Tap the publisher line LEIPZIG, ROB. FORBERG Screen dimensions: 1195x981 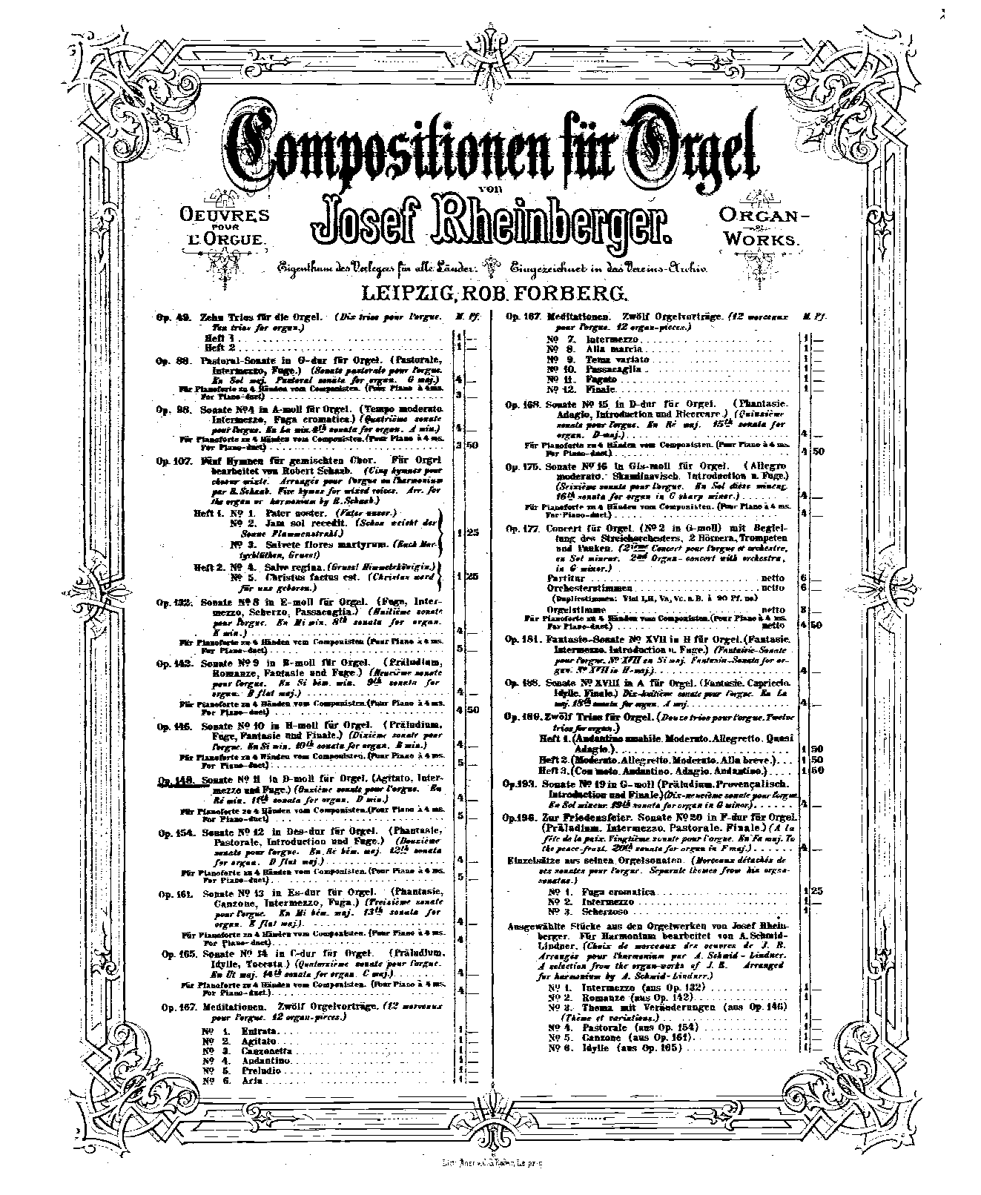point(491,294)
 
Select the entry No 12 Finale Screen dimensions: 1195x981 point(583,388)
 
